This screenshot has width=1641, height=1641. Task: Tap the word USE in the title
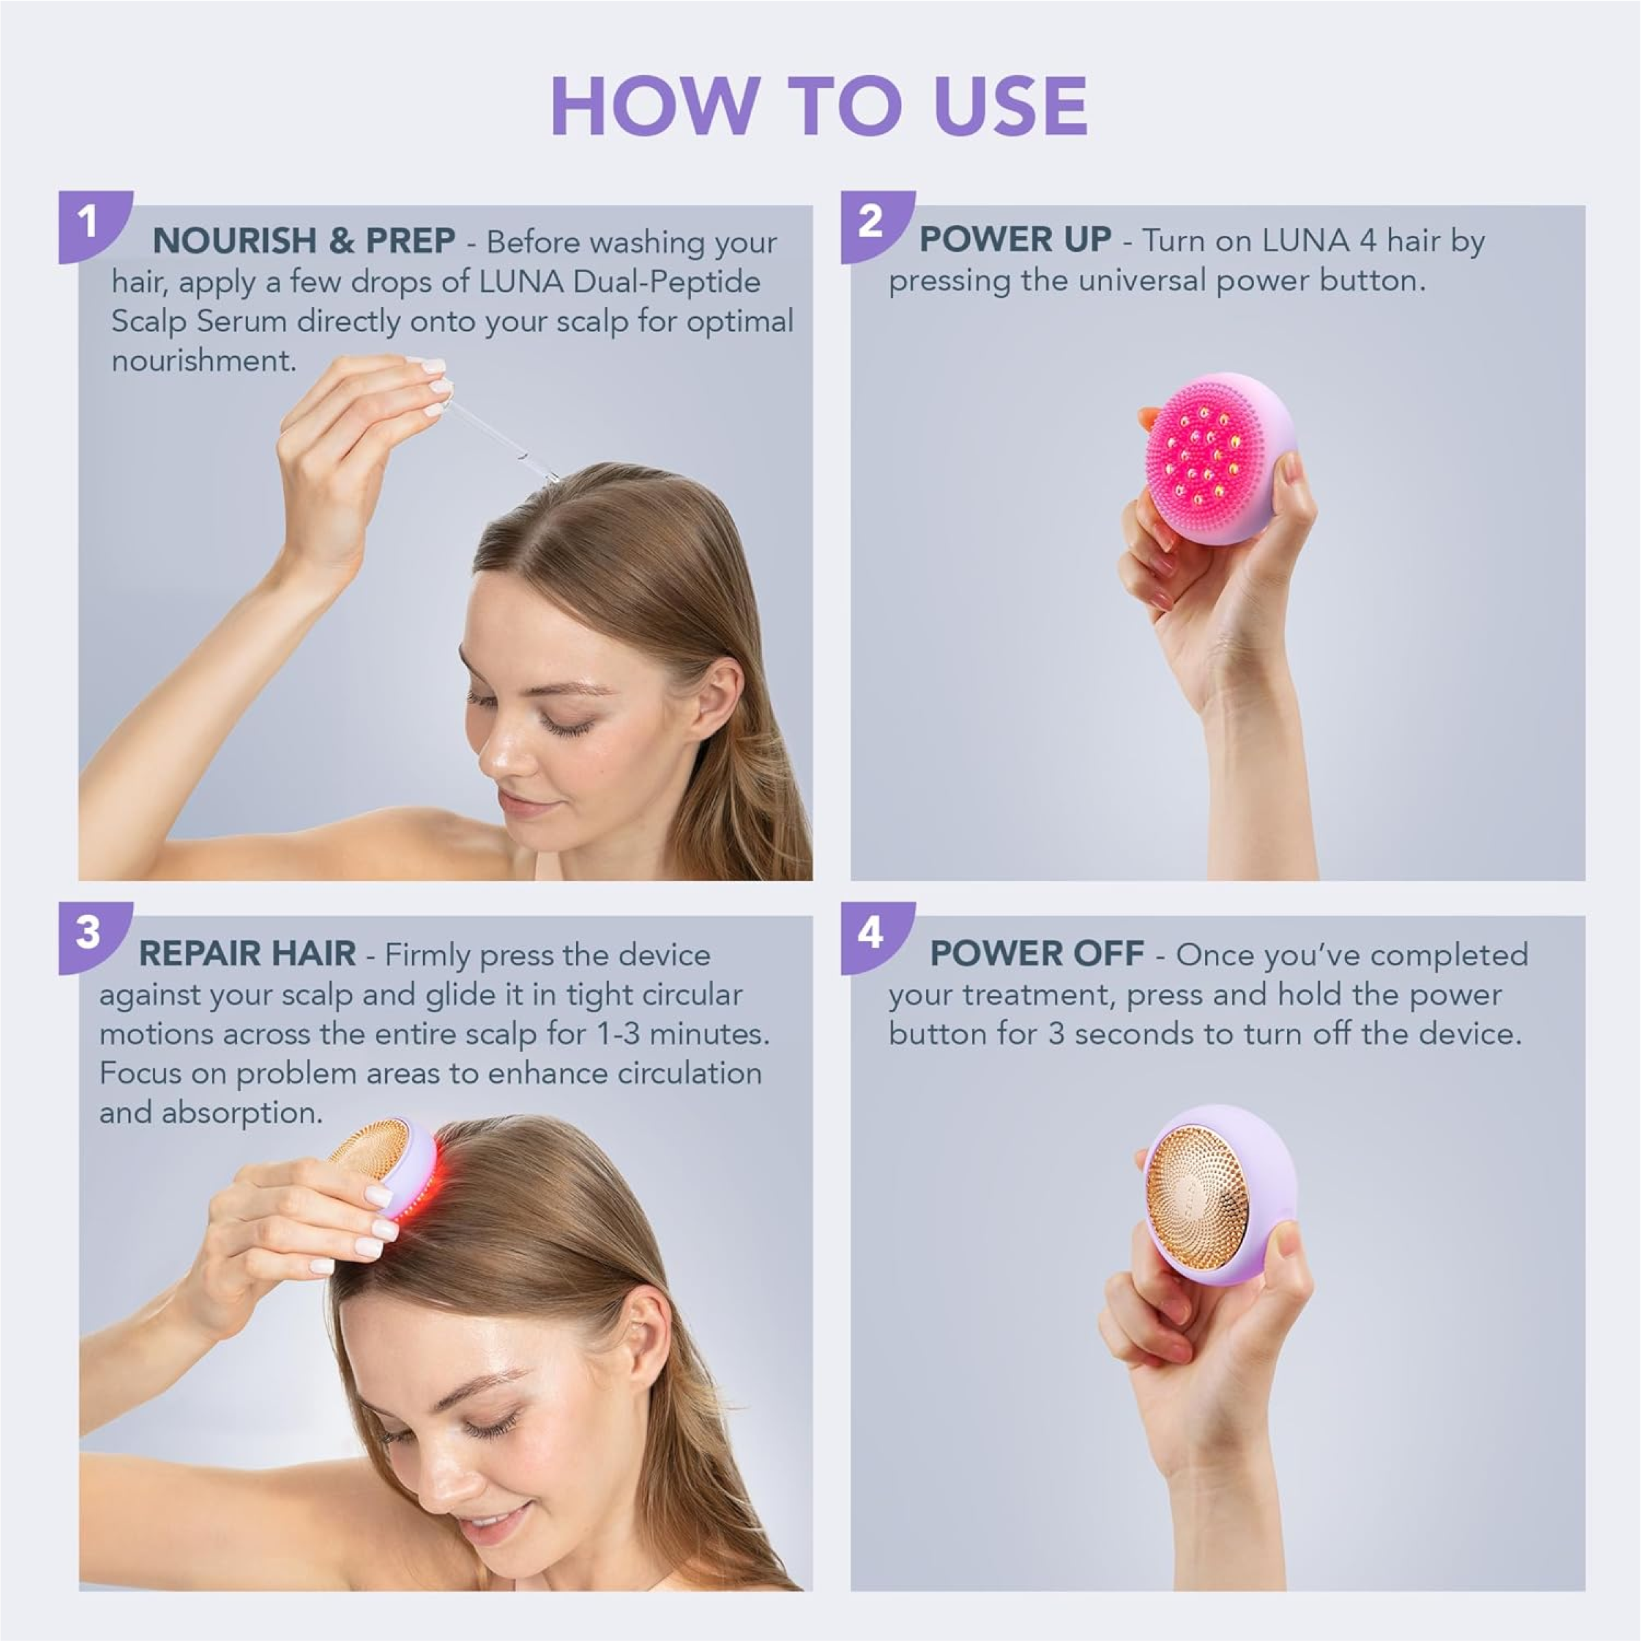pyautogui.click(x=1010, y=105)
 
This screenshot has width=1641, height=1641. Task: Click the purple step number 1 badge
pyautogui.click(x=94, y=226)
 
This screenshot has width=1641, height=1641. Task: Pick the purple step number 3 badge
pyautogui.click(x=94, y=937)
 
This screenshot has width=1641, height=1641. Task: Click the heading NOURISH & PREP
pyautogui.click(x=303, y=241)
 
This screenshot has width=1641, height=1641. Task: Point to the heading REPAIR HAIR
pyautogui.click(x=247, y=954)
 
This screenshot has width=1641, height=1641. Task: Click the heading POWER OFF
pyautogui.click(x=1037, y=954)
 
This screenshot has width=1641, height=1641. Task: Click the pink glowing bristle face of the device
pyautogui.click(x=1206, y=459)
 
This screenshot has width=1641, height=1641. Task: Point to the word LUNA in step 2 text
pyautogui.click(x=1305, y=241)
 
